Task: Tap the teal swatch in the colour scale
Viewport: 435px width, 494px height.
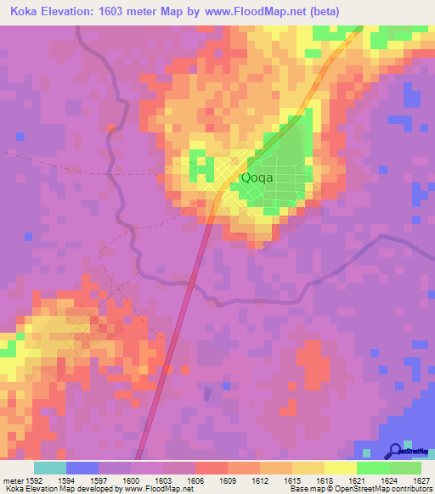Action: click(x=50, y=468)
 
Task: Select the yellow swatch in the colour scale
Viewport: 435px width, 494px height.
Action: click(x=340, y=468)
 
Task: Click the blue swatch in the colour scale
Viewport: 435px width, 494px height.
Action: click(x=82, y=468)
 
